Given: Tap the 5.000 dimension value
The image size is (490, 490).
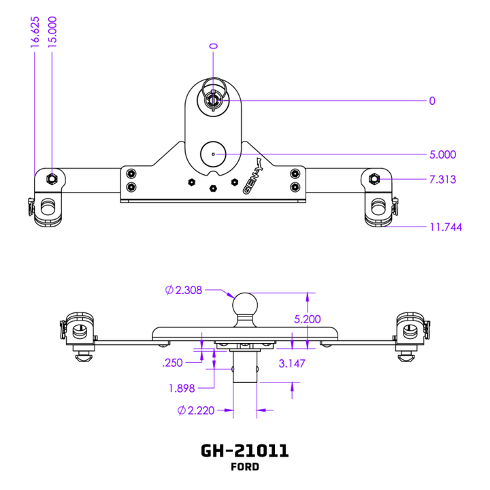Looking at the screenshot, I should tap(442, 154).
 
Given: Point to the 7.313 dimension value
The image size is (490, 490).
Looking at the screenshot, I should tap(442, 180).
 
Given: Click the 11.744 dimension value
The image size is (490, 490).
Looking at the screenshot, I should tap(445, 227).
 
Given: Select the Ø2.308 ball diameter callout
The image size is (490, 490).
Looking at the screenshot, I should tap(184, 290).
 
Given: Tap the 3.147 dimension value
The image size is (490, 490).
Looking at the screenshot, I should tap(292, 363).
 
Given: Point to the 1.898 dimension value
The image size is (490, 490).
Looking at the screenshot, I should tap(182, 389).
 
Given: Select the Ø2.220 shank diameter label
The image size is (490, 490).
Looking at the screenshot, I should tap(196, 410).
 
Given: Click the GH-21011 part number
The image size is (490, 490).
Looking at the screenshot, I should tap(244, 451).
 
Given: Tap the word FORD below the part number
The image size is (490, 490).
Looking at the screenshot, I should tap(244, 468).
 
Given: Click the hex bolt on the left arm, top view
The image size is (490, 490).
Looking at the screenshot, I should tap(50, 178).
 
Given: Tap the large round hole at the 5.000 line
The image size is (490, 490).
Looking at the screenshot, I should tap(213, 154).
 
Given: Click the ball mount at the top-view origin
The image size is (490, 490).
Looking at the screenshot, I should tap(213, 97).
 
